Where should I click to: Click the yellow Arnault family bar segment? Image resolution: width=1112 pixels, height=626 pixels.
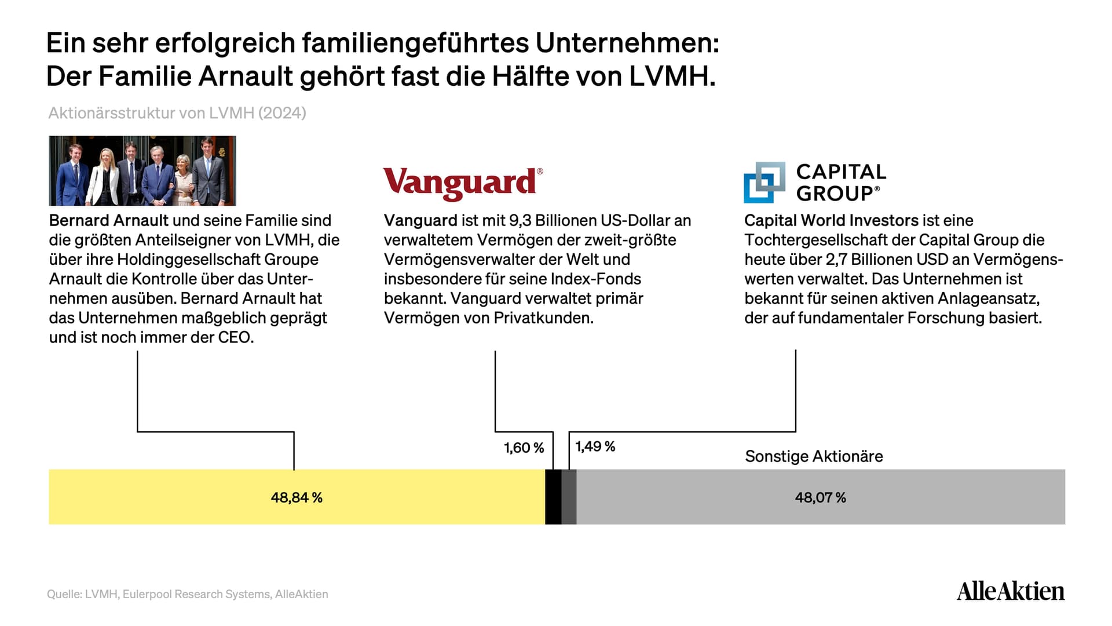click(x=297, y=497)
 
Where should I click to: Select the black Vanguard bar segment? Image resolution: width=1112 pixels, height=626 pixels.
click(x=553, y=497)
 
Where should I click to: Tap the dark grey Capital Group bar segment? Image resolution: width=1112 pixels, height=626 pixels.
click(x=569, y=497)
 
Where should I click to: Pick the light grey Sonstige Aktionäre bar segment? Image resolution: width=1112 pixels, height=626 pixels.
click(x=821, y=497)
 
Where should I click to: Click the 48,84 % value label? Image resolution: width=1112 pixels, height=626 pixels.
click(x=297, y=497)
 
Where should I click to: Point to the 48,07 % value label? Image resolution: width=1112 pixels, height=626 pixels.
click(x=820, y=497)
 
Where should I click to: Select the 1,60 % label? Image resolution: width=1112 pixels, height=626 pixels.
click(x=524, y=447)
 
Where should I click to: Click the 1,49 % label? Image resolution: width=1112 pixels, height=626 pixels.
click(x=595, y=446)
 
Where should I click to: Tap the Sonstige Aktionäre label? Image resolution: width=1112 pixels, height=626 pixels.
click(x=814, y=456)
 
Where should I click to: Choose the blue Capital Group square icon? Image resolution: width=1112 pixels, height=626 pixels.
click(x=765, y=182)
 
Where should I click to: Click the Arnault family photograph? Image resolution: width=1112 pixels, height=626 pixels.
click(x=142, y=170)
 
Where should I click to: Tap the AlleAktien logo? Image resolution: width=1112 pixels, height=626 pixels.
click(x=1011, y=591)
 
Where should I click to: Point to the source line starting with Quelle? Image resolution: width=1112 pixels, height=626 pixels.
click(x=188, y=594)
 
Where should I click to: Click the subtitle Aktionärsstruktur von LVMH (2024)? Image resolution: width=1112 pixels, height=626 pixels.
click(x=177, y=112)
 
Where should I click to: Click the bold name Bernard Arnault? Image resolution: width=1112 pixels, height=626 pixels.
click(x=109, y=220)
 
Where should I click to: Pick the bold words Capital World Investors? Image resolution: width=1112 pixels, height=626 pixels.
click(x=831, y=220)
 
